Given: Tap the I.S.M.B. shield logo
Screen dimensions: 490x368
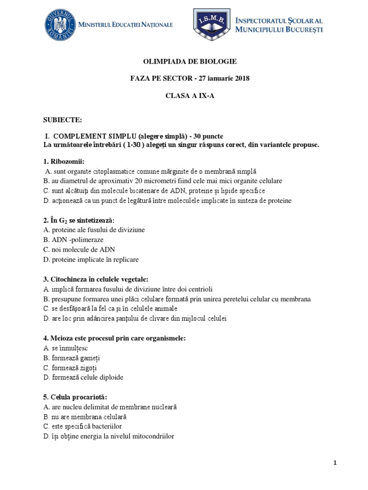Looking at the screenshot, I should [211, 24].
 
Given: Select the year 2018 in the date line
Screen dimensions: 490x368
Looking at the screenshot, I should [241, 78].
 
